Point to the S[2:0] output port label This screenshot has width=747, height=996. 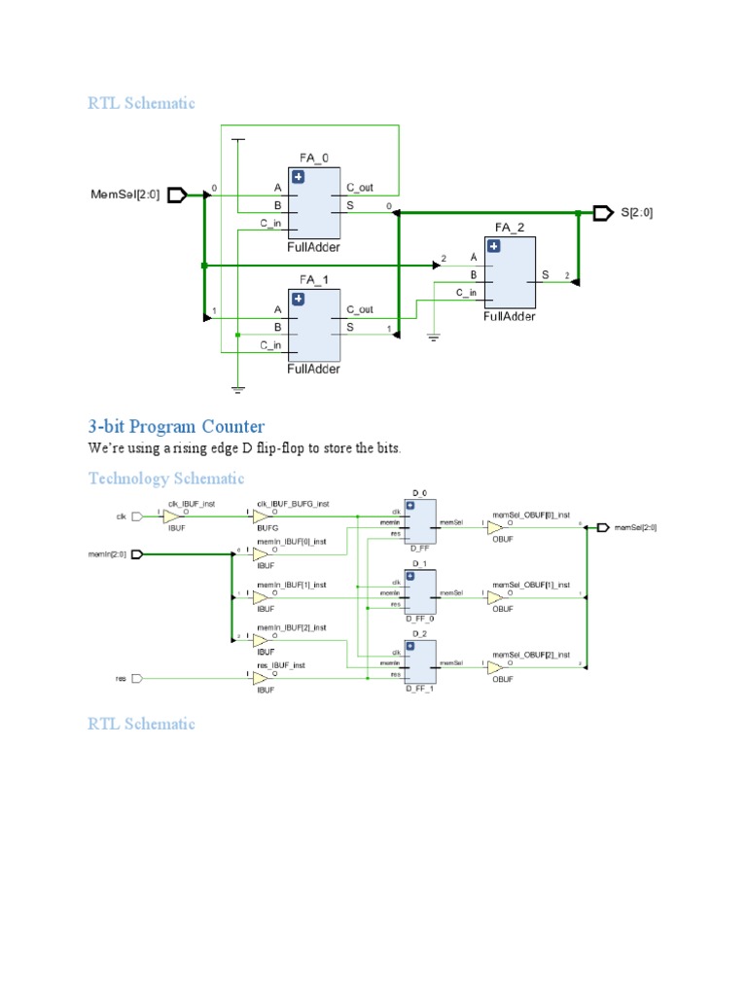point(637,212)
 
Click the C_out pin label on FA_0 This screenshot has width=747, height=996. point(359,187)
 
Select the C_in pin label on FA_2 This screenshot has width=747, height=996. point(467,292)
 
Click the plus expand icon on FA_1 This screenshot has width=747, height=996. point(298,299)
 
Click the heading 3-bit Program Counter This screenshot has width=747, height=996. point(176,427)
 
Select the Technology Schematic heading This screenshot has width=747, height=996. point(166,479)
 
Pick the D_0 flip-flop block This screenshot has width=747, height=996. point(420,522)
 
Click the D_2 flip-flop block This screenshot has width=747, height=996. point(420,663)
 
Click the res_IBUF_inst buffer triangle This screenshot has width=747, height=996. point(261,678)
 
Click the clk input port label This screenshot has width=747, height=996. point(122,516)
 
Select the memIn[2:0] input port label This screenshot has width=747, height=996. point(107,554)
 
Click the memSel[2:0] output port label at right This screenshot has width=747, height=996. point(635,527)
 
